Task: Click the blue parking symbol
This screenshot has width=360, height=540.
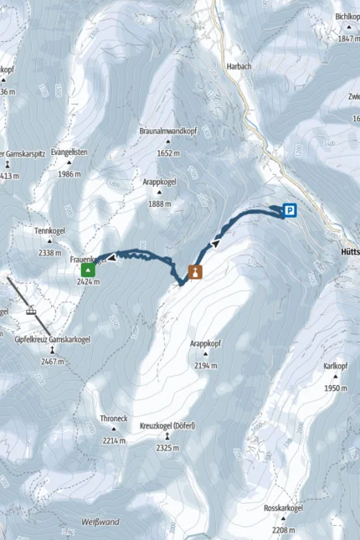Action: pyautogui.click(x=290, y=211)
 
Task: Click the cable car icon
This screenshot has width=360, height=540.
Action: pyautogui.click(x=32, y=311)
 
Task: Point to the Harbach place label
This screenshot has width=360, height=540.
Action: pyautogui.click(x=239, y=65)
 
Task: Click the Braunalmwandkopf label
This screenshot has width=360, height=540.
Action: pyautogui.click(x=168, y=131)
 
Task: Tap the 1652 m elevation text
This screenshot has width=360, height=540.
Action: pyautogui.click(x=168, y=153)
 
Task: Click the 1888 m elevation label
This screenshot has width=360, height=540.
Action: pyautogui.click(x=159, y=203)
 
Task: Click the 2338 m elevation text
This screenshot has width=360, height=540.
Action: pyautogui.click(x=50, y=252)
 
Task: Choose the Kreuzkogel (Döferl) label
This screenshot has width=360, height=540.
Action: pyautogui.click(x=167, y=426)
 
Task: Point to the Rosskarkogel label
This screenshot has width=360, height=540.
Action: pyautogui.click(x=284, y=508)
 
